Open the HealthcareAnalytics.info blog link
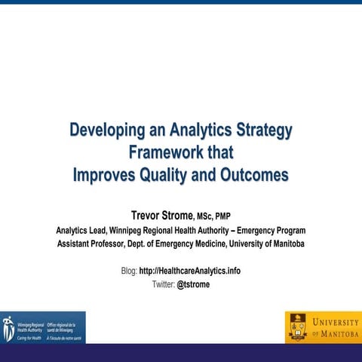[x=190, y=271]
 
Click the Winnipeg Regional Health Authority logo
[x=43, y=327]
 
